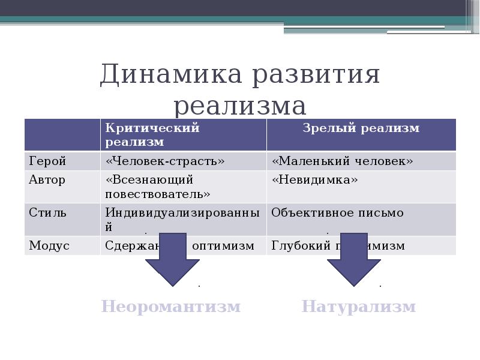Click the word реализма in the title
(240, 106)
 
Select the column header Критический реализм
(152, 134)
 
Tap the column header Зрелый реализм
(361, 128)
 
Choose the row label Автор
(47, 179)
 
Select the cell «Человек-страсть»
(166, 161)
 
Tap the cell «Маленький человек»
(343, 161)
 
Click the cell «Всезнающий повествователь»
(158, 187)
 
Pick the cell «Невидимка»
(314, 179)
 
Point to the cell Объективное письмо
(337, 212)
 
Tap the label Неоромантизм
(171, 307)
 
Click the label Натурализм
(358, 307)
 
